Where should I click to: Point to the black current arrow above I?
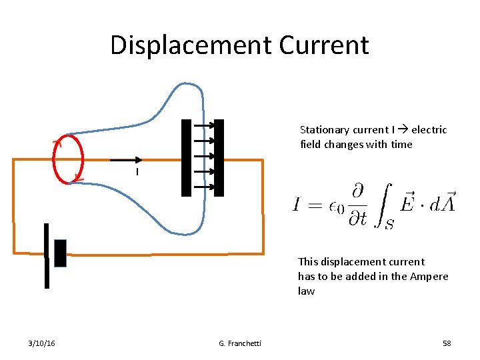(126, 160)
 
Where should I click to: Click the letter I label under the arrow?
(136, 173)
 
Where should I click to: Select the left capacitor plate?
(186, 157)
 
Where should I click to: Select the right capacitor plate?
(219, 157)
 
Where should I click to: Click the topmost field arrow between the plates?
(203, 125)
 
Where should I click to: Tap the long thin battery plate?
(47, 255)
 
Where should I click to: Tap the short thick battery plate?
(61, 253)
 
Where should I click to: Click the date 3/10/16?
(42, 343)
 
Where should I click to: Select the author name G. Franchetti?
(240, 343)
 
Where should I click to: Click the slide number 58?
(447, 343)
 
